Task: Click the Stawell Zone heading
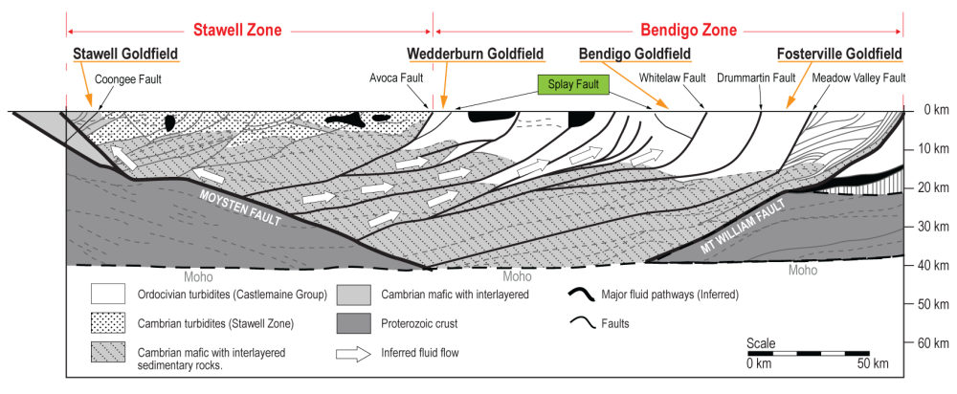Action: click(x=238, y=30)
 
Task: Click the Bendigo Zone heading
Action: click(x=679, y=30)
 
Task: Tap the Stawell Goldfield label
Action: click(x=126, y=53)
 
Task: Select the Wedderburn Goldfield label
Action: click(x=476, y=53)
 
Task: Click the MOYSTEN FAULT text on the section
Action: click(x=241, y=206)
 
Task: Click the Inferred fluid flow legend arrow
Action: click(x=354, y=353)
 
